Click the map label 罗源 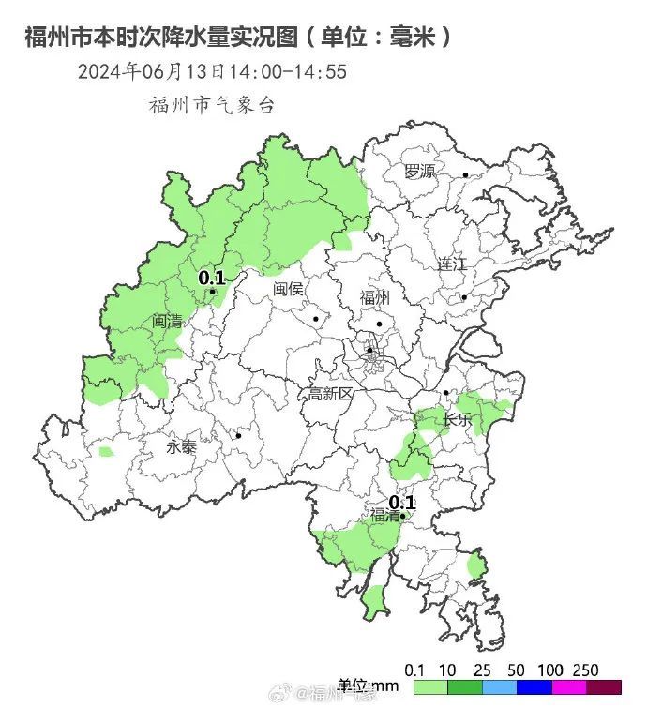[420, 171]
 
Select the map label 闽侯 [289, 289]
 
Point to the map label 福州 [374, 298]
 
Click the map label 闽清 [168, 321]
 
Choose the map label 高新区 [331, 394]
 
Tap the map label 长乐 [459, 419]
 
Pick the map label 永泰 [182, 447]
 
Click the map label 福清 [384, 515]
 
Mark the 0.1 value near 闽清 [212, 277]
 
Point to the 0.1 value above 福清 [401, 502]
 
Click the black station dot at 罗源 [466, 174]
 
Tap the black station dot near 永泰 [239, 435]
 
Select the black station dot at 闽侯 [317, 319]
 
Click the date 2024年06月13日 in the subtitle [151, 72]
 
